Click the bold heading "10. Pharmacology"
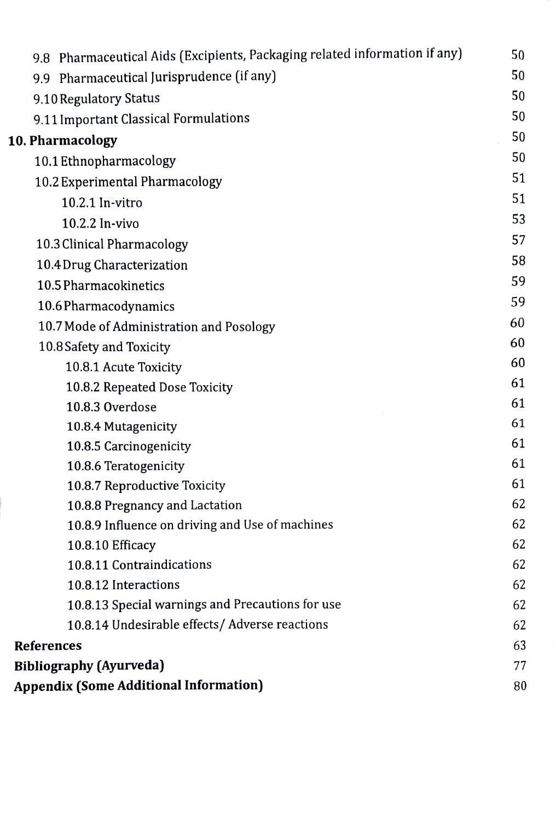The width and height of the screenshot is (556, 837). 62,141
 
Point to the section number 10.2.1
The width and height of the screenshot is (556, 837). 78,203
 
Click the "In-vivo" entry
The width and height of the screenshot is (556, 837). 119,224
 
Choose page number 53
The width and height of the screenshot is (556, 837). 518,219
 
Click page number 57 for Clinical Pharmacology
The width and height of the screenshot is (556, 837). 518,240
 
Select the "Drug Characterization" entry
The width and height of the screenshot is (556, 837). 140,265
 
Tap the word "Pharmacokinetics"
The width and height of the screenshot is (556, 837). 114,286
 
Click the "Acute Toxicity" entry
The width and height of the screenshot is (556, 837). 142,367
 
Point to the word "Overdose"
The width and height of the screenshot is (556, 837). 130,407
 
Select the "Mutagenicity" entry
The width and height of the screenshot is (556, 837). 140,427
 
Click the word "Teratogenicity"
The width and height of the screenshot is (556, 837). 144,466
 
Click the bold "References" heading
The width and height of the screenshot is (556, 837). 48,646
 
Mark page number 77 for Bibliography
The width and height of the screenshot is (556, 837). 519,666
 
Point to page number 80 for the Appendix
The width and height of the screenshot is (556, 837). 519,686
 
